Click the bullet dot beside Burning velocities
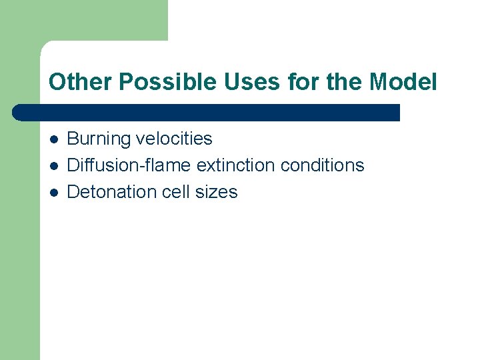pyautogui.click(x=53, y=139)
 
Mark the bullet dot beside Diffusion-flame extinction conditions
pyautogui.click(x=53, y=165)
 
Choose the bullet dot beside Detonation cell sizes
pyautogui.click(x=53, y=193)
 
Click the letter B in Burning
pyautogui.click(x=73, y=139)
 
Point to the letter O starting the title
pyautogui.click(x=56, y=83)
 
